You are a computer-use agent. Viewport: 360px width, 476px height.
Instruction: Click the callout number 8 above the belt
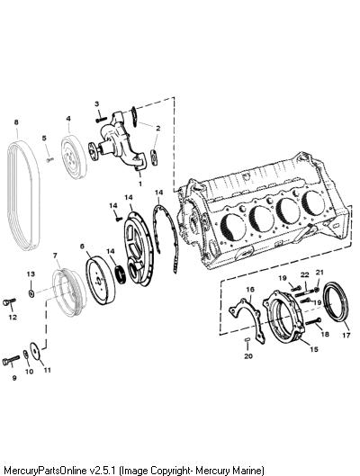click(16, 122)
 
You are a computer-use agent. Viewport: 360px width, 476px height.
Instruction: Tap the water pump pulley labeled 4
click(74, 157)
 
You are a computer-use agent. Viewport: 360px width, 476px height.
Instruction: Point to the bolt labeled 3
click(101, 120)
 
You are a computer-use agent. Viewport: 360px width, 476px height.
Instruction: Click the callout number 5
click(44, 139)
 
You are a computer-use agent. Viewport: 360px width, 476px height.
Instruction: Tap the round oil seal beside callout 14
click(121, 274)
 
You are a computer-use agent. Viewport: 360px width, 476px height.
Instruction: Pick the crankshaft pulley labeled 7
click(69, 292)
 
